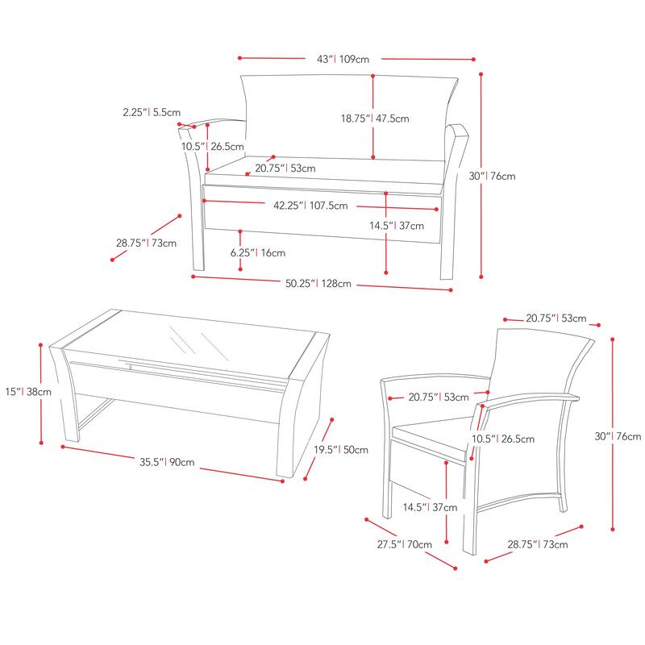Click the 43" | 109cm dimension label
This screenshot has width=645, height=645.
(x=343, y=59)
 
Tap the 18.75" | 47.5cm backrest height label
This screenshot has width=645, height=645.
(x=375, y=119)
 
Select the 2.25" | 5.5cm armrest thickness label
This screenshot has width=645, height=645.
(x=152, y=112)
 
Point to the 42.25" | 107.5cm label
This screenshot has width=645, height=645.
(x=310, y=206)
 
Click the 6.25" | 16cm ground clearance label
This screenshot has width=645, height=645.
(x=257, y=252)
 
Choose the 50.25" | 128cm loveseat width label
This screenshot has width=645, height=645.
(x=318, y=284)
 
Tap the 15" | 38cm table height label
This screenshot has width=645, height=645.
(x=28, y=392)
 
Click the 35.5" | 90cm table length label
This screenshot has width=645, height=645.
(x=167, y=462)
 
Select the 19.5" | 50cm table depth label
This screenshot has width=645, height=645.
(x=341, y=450)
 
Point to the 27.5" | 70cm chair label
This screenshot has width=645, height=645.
(x=405, y=544)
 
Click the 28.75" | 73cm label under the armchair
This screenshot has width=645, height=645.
(x=538, y=544)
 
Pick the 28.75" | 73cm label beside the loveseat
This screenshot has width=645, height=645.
(x=146, y=243)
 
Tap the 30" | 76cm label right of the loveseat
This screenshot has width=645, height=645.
(x=492, y=176)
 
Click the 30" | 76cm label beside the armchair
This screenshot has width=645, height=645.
(x=618, y=436)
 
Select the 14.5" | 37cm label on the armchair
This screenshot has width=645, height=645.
(x=430, y=507)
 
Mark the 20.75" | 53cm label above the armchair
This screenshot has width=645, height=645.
(x=556, y=318)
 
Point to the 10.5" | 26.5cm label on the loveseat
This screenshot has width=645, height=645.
(x=213, y=146)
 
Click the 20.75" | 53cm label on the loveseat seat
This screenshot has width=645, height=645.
(x=285, y=169)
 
